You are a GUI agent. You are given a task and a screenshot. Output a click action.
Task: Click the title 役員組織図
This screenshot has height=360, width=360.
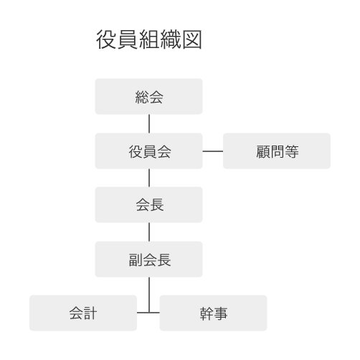coord(149,39)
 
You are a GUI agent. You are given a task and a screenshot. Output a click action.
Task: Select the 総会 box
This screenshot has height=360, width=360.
coord(148,96)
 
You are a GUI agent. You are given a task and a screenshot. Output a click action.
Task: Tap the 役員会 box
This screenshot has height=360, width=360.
coord(148,151)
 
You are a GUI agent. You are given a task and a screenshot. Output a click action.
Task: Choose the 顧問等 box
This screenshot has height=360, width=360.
coord(277,151)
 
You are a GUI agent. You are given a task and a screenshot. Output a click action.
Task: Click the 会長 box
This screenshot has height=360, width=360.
coord(148,204)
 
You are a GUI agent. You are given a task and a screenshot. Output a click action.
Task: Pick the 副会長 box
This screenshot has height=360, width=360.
coord(148,259)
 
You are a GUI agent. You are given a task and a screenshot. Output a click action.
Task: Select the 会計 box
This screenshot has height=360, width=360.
coord(83,313)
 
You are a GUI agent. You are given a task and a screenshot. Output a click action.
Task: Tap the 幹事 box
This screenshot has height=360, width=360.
coord(213,313)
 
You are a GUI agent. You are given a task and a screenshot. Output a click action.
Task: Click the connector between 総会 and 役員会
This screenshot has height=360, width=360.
coord(149,124)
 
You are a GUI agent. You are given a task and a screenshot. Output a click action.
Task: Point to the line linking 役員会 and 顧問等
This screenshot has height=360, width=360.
coord(213,151)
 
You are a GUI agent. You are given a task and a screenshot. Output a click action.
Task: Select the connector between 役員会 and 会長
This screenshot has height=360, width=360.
coord(149,178)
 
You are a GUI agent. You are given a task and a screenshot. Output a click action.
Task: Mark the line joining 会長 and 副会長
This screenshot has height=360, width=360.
coord(149,232)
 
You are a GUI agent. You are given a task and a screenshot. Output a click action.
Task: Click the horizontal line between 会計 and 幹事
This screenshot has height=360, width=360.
coord(148,313)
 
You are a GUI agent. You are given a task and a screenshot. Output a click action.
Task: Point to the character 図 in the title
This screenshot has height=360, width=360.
coord(192,39)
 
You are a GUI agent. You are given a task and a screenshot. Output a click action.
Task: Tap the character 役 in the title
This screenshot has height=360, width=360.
coord(106,39)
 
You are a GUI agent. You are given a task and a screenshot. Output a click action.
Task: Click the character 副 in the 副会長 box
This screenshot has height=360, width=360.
coord(136,260)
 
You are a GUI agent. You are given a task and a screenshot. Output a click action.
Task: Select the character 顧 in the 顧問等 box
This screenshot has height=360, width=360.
coord(263,151)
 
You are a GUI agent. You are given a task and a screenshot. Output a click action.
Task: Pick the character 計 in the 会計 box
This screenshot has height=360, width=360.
coord(90,313)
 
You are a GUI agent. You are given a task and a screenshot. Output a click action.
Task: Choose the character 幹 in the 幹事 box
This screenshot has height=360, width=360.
coord(207,313)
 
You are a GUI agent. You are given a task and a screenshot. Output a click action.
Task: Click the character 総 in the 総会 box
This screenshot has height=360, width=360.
coord(142,98)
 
